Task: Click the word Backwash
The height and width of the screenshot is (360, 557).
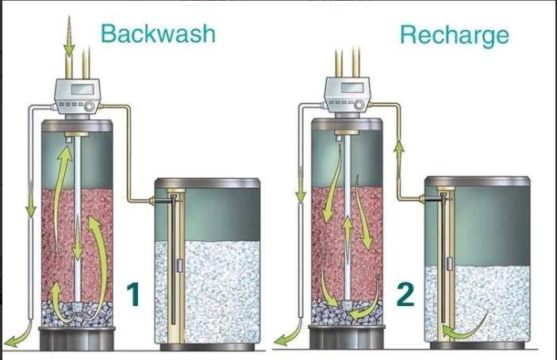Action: tap(158, 34)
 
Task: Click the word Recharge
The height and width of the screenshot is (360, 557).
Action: tap(455, 36)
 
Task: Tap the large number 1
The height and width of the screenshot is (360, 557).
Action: tap(133, 294)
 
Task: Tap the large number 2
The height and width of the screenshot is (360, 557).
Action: tap(405, 295)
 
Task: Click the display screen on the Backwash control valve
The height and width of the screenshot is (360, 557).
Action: tap(83, 89)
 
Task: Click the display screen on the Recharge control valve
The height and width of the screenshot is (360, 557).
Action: tap(352, 88)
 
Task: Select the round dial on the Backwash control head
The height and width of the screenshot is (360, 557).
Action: tap(89, 106)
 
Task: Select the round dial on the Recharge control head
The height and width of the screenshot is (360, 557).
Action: tap(359, 105)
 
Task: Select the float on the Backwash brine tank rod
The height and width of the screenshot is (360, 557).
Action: tap(179, 265)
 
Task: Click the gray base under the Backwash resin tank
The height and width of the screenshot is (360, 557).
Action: tap(77, 339)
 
